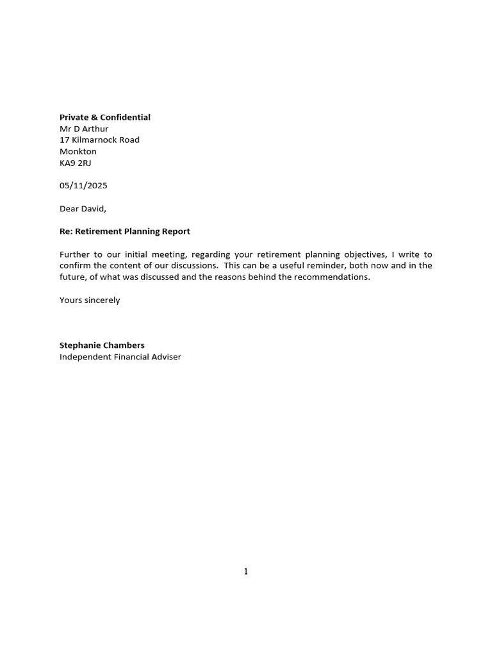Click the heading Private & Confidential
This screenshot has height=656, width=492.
[105, 117]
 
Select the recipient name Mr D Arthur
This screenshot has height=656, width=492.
[84, 129]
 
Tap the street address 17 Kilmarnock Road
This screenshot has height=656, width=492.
[99, 140]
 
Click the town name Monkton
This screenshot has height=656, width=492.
[78, 151]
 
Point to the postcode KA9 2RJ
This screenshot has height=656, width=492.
[76, 163]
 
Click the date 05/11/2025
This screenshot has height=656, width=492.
[83, 186]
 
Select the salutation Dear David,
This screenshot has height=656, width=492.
[83, 208]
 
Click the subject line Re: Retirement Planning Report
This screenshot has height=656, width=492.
[125, 231]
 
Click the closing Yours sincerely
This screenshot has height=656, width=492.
[90, 300]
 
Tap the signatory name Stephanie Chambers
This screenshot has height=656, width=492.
[102, 345]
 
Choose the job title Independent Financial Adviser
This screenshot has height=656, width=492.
[120, 357]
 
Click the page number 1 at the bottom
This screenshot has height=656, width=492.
[246, 572]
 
